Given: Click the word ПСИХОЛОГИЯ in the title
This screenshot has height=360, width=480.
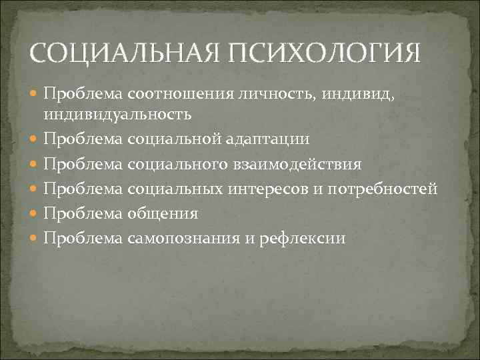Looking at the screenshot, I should point(325,53).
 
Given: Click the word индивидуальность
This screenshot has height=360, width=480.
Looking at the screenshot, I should point(118,114).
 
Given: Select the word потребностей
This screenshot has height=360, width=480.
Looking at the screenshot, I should point(385,189).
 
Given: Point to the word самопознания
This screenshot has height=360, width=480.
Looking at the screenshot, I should point(175,238).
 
